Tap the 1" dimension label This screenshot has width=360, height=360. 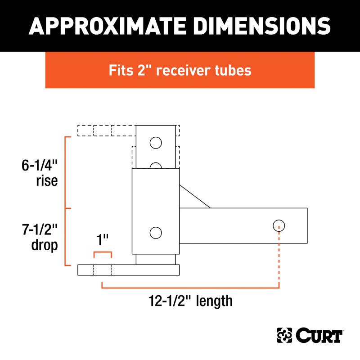[103, 239]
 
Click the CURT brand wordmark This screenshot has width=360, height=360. [320, 336]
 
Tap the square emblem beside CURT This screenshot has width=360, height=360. [284, 336]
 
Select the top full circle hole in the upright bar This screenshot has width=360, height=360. [155, 143]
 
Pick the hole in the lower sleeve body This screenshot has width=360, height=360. [155, 233]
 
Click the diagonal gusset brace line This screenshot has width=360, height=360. [195, 197]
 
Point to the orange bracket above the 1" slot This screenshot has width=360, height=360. [103, 254]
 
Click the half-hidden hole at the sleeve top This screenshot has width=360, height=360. [155, 166]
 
